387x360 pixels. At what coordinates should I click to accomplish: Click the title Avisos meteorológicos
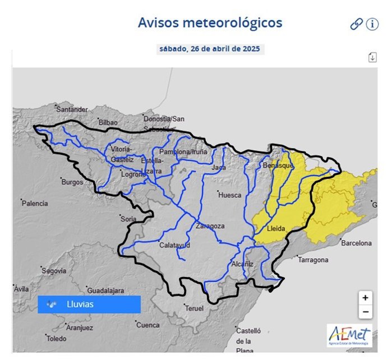(210, 23)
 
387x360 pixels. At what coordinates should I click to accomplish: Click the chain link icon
(356, 24)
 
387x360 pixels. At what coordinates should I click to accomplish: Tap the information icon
(372, 24)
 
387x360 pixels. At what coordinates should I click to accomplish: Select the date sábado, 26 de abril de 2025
(210, 49)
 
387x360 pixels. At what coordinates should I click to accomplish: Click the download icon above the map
(372, 57)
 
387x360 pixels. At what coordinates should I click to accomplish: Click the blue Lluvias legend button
(89, 304)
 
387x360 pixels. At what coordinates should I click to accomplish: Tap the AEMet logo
(349, 335)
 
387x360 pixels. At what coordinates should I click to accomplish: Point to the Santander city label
(72, 109)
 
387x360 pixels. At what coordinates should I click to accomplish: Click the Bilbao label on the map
(108, 122)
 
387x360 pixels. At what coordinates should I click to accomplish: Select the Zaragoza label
(210, 226)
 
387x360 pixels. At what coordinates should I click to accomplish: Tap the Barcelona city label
(356, 243)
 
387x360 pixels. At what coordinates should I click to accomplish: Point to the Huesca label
(230, 195)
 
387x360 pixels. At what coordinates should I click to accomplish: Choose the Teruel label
(194, 309)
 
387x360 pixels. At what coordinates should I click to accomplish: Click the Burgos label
(72, 182)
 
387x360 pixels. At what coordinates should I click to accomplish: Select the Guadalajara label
(105, 290)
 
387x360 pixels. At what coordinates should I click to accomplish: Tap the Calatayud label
(174, 246)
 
